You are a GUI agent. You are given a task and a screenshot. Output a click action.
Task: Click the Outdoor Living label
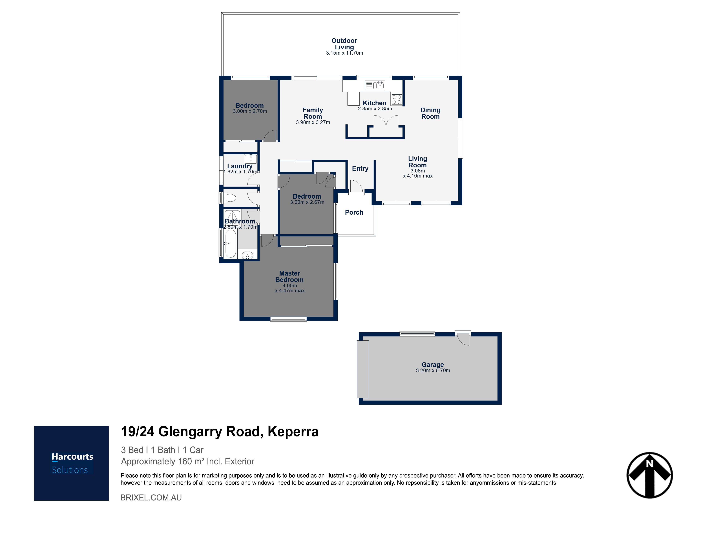tap(344, 44)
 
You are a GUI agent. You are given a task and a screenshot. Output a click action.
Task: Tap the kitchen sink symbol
tap(375, 85)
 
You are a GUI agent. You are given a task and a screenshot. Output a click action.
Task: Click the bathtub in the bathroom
tap(230, 243)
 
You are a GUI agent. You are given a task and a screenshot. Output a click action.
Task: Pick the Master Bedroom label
tap(289, 276)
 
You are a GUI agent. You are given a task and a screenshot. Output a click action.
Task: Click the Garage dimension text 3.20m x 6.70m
tap(433, 371)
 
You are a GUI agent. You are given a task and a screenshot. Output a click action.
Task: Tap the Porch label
tap(354, 212)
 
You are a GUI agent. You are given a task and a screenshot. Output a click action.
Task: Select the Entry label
tap(360, 168)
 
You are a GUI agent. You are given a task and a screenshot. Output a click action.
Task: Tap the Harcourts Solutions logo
tap(71, 463)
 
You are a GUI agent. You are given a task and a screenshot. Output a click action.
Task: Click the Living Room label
tap(417, 162)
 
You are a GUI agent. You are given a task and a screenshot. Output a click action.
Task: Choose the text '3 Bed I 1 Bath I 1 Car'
tap(162, 450)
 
